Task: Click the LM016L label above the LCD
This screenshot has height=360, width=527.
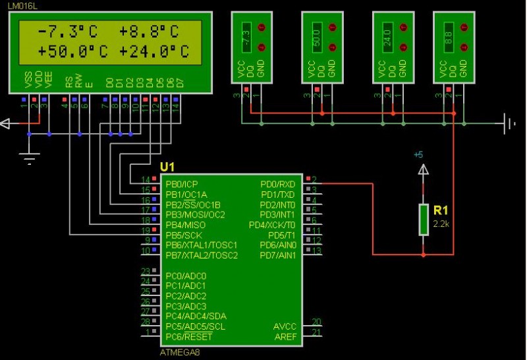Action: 23,5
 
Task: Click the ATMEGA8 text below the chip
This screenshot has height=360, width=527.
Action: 179,352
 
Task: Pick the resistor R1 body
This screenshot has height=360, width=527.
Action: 423,219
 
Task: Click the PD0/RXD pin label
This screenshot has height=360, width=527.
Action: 278,184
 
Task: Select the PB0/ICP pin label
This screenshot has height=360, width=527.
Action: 182,184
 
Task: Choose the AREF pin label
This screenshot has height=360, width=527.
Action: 285,337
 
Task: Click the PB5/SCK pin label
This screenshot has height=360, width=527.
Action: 184,235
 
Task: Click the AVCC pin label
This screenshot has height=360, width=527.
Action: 285,326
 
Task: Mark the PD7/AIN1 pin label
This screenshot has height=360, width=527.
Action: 279,255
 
